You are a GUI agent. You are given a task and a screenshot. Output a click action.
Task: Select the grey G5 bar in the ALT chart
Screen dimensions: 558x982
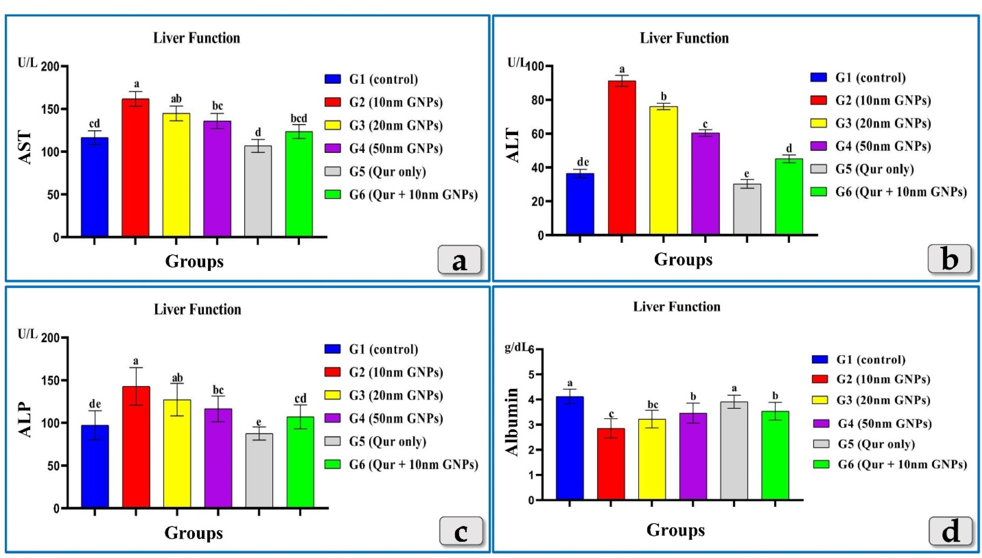tap(747, 209)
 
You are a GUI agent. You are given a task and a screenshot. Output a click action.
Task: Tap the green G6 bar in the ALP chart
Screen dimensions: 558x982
tap(300, 462)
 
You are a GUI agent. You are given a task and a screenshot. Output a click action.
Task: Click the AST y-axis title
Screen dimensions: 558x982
tap(25, 148)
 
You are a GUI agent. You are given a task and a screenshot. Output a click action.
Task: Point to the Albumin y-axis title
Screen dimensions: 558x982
tap(512, 422)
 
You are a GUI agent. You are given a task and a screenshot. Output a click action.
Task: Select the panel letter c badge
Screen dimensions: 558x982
tap(461, 531)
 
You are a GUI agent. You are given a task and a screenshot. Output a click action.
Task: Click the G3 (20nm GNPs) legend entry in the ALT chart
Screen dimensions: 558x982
tap(870, 123)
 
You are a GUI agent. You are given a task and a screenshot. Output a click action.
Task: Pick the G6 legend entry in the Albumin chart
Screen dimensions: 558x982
tap(889, 464)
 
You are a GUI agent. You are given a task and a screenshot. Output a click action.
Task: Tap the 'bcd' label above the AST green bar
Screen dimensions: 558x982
tap(299, 118)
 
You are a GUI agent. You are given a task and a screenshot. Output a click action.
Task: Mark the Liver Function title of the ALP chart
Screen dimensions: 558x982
tap(197, 309)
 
